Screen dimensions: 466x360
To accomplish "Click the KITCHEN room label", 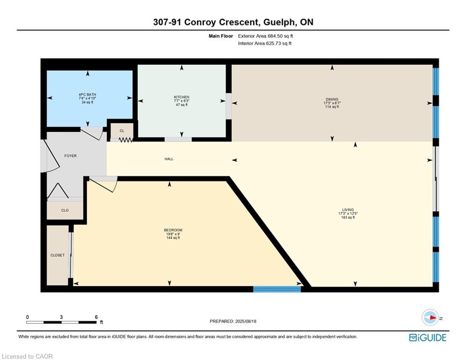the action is coord(182,97).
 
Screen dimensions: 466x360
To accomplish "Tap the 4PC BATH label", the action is coord(88,95).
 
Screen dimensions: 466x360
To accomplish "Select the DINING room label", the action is coord(332,99).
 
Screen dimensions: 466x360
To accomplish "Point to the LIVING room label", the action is coord(348,210).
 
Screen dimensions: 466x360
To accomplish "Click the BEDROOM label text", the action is coord(173,230).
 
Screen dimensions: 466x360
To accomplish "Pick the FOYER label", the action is coord(70,156).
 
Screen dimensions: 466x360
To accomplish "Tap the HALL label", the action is coord(169,159).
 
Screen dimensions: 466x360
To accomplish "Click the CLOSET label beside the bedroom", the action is coord(57,255).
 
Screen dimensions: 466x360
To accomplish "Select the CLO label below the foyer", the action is coord(65,210).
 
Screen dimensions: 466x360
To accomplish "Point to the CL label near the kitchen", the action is coord(122,131).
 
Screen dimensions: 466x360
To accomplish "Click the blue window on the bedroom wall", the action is coord(277,289).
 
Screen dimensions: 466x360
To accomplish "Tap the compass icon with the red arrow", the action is coord(430,317).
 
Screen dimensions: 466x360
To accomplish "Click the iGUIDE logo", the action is coord(428,337).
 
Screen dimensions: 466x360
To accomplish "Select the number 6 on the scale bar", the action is coord(96,317).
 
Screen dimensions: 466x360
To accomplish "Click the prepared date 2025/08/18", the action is coord(245,321).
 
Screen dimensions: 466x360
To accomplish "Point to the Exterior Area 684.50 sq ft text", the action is coord(266,36).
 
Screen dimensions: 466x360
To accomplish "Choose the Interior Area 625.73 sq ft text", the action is coord(265,44).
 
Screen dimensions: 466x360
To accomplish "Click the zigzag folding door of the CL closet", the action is coord(126,140).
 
